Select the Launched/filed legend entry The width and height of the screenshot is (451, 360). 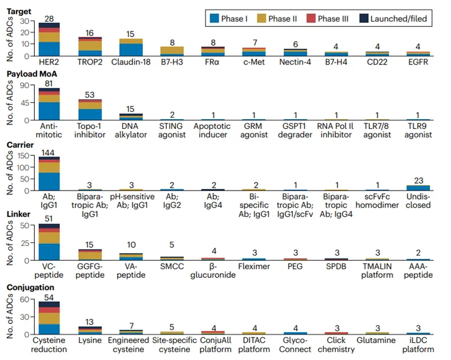click(393, 18)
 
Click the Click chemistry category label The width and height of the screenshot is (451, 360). click(336, 344)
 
